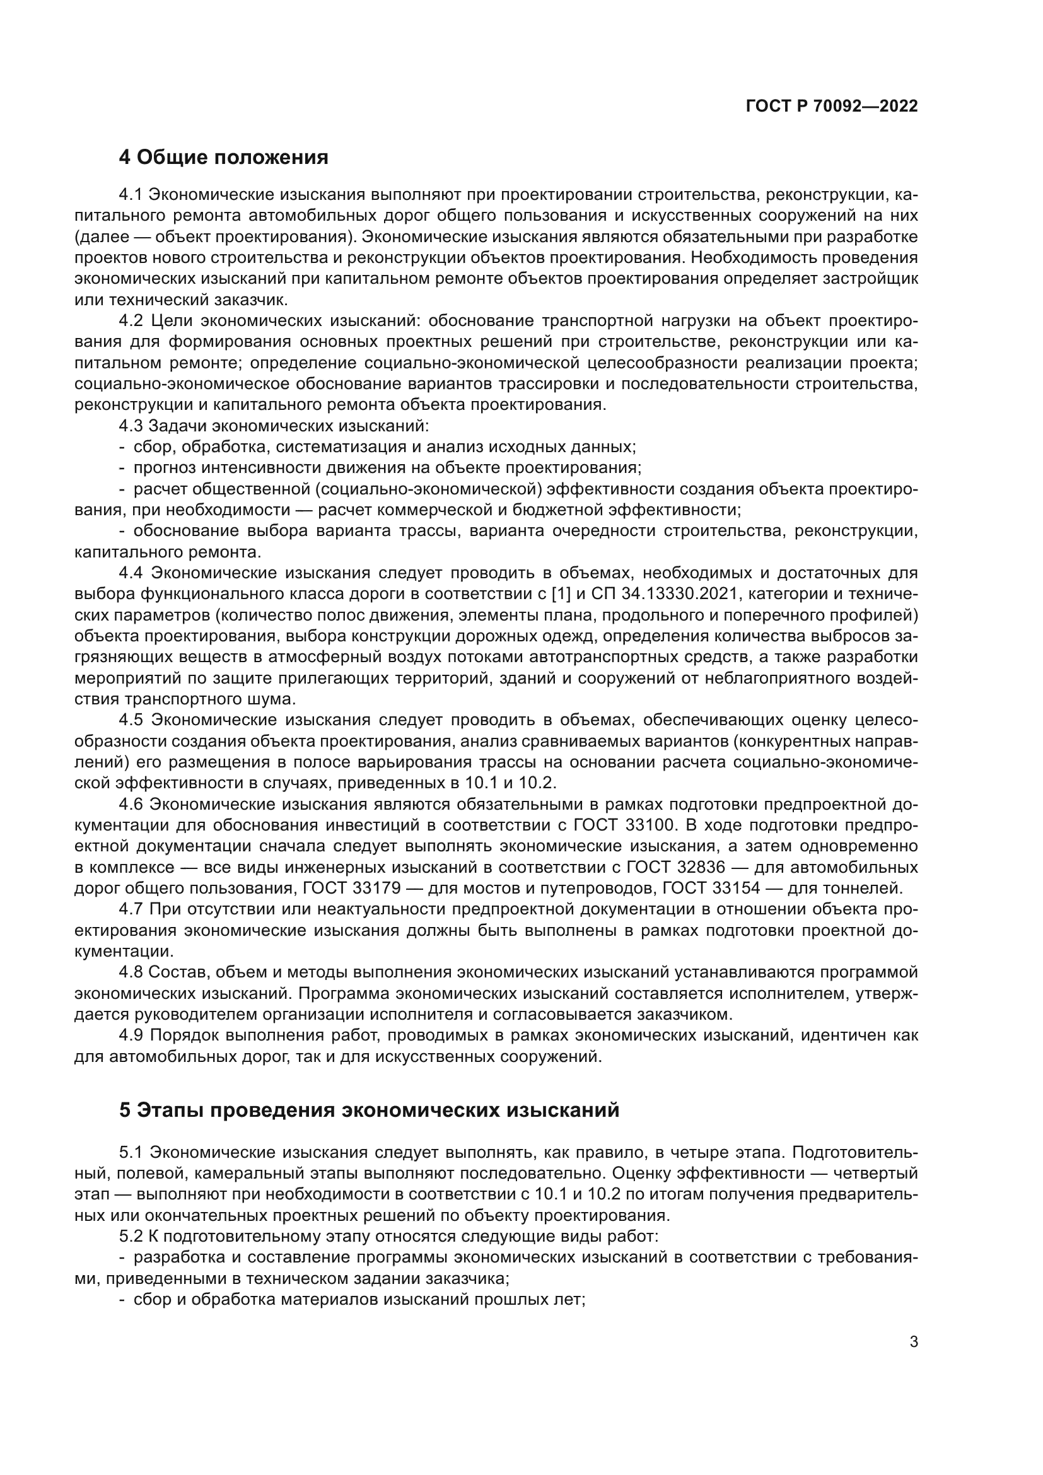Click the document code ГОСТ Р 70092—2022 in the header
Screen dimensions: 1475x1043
(832, 107)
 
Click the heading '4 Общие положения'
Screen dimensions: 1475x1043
(223, 157)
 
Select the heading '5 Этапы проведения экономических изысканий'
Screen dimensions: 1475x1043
(370, 1109)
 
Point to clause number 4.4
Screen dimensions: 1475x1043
(132, 573)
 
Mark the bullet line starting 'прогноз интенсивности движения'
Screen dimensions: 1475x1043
(387, 468)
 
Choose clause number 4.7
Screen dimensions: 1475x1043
(131, 910)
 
